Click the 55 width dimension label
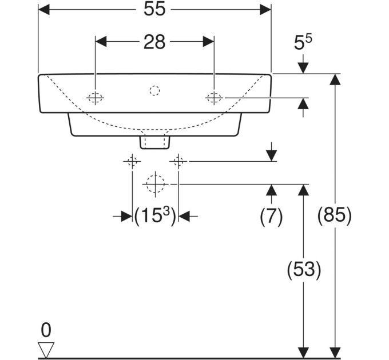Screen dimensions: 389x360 point(154,9)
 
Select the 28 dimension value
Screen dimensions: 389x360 point(154,42)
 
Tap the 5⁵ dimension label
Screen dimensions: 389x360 point(303,42)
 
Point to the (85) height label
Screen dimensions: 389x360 point(335,215)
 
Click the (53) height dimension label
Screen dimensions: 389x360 point(304,269)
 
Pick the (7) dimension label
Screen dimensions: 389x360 point(271,215)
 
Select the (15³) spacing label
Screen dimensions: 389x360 point(155,215)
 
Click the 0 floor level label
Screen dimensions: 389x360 point(46,330)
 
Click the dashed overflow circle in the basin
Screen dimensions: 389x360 point(154,91)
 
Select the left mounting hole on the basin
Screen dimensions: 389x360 point(96,98)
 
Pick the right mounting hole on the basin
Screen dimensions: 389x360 point(214,98)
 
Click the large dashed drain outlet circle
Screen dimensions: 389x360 point(155,184)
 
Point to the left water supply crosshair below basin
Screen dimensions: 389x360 point(132,161)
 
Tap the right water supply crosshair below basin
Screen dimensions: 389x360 point(178,161)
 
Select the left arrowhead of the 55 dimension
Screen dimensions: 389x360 point(44,9)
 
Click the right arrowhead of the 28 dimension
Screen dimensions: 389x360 point(208,42)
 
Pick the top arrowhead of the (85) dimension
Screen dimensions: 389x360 point(335,79)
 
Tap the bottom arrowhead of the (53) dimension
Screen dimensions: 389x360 point(303,353)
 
